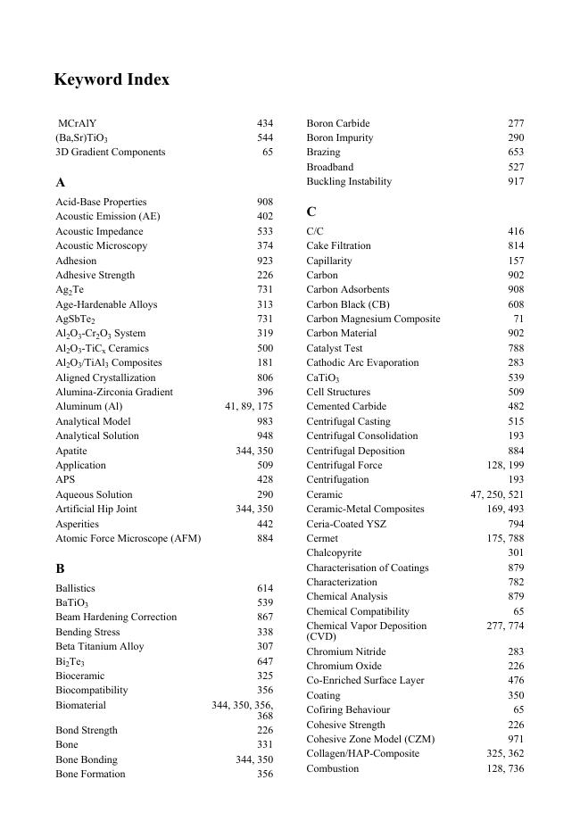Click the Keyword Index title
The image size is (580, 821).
112,79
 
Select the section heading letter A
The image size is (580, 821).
61,182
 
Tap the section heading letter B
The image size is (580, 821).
61,568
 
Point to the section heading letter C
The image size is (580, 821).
311,211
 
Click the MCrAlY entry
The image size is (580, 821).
78,123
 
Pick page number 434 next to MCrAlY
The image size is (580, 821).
265,123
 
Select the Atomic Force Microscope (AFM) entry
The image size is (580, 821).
128,538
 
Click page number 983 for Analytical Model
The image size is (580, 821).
265,421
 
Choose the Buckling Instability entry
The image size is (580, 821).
349,181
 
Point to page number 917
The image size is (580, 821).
516,181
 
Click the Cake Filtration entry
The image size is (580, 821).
338,245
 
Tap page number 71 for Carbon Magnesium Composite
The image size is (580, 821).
518,319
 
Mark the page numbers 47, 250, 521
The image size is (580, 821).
497,494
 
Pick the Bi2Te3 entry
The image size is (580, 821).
70,661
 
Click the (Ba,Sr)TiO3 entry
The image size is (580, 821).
81,138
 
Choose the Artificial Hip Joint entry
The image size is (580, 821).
96,509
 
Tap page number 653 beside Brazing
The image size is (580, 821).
516,153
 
